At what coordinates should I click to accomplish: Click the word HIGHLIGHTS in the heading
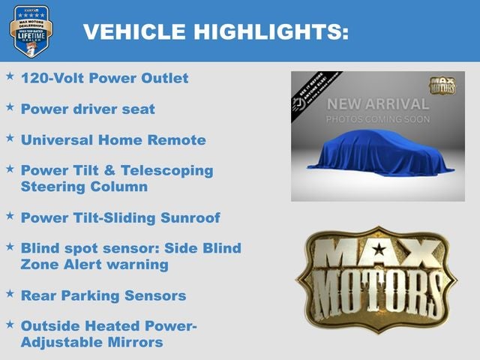[271, 31]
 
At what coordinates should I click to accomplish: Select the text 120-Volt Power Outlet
[105, 78]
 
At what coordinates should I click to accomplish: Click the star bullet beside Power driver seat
[10, 107]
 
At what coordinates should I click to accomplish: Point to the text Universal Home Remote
[113, 139]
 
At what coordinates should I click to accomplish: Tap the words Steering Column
[84, 186]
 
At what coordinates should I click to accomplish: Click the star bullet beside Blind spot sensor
[10, 245]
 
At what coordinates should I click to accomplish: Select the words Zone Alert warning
[94, 264]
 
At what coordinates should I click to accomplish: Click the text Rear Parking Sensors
[103, 295]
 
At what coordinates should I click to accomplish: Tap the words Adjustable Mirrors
[91, 342]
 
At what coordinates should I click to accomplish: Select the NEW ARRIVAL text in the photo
[378, 104]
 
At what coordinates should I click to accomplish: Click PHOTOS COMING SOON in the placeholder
[378, 119]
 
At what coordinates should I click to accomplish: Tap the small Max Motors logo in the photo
[442, 85]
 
